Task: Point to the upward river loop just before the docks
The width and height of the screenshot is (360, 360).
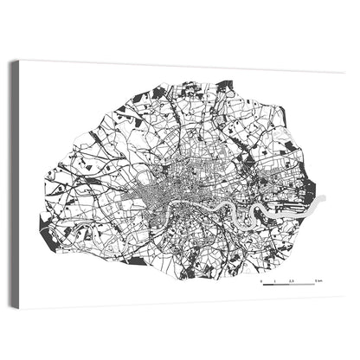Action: coord(256,210)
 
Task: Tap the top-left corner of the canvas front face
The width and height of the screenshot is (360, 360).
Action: coord(21,60)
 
